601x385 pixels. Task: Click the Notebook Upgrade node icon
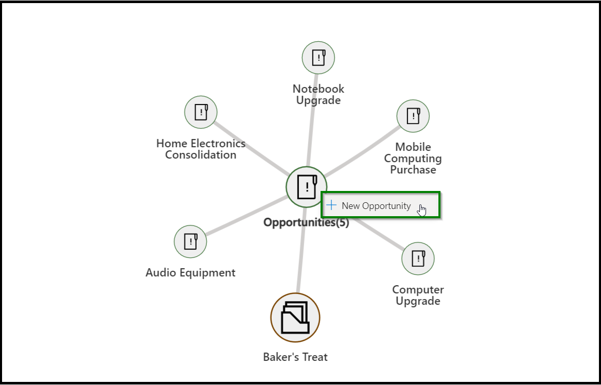pos(318,58)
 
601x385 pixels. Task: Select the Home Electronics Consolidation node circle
pos(201,112)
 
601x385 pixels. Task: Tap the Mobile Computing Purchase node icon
pos(413,116)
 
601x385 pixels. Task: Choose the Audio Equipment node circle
pos(190,241)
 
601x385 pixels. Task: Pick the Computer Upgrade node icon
pos(418,258)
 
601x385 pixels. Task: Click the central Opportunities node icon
pos(307,187)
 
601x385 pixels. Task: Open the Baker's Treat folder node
pos(295,318)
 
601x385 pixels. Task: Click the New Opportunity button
pos(381,205)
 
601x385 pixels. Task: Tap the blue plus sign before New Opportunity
pos(331,205)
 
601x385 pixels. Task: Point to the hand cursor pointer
pos(422,210)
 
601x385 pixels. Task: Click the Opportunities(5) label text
pos(306,222)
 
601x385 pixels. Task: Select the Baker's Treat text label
pos(295,357)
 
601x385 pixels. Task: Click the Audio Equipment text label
pos(190,273)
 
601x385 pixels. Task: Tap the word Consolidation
pos(201,155)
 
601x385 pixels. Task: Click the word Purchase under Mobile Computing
pos(413,170)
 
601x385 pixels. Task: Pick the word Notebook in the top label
pos(318,89)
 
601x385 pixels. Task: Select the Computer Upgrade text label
pos(418,295)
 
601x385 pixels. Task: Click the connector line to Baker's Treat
pos(301,251)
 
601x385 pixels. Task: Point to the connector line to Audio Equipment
pos(247,216)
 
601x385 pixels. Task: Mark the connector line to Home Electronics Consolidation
pos(252,148)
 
